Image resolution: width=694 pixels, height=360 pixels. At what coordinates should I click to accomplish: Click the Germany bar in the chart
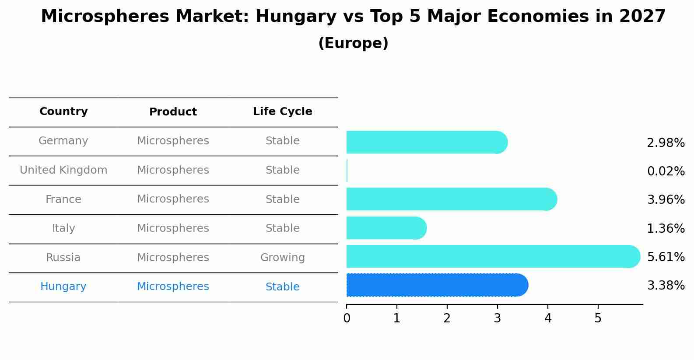point(427,142)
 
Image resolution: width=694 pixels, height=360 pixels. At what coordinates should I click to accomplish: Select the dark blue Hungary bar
point(437,285)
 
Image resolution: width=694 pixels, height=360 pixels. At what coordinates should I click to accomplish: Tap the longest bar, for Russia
point(493,256)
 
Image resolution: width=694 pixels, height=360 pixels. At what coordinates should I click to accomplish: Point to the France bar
point(451,199)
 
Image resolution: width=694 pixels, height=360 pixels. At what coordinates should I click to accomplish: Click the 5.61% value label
point(666,257)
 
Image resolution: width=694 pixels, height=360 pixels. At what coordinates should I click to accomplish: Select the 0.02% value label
point(666,171)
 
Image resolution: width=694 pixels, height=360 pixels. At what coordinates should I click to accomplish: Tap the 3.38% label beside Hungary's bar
point(666,286)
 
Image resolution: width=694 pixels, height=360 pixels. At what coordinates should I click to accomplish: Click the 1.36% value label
point(666,228)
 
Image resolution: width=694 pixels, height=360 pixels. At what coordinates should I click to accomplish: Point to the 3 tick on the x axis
point(497,318)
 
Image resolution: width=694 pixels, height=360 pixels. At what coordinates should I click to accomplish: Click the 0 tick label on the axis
point(347,318)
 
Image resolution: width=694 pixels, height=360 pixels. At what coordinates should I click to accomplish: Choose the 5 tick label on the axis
point(598,318)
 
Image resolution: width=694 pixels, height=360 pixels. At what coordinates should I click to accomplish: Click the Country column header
point(63,112)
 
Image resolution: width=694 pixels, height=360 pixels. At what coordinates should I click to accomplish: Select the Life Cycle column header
point(282,112)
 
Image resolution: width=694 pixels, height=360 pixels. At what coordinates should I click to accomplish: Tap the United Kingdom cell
point(63,170)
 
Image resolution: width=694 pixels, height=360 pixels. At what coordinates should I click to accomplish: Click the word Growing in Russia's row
point(282,258)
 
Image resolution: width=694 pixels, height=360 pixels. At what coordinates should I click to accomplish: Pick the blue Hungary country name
point(63,287)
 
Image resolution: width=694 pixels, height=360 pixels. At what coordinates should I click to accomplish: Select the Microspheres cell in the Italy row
point(173,228)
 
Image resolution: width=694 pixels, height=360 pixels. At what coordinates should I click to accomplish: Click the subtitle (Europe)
point(353,43)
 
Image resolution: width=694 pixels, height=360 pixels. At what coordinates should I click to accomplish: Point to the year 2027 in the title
point(642,17)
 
